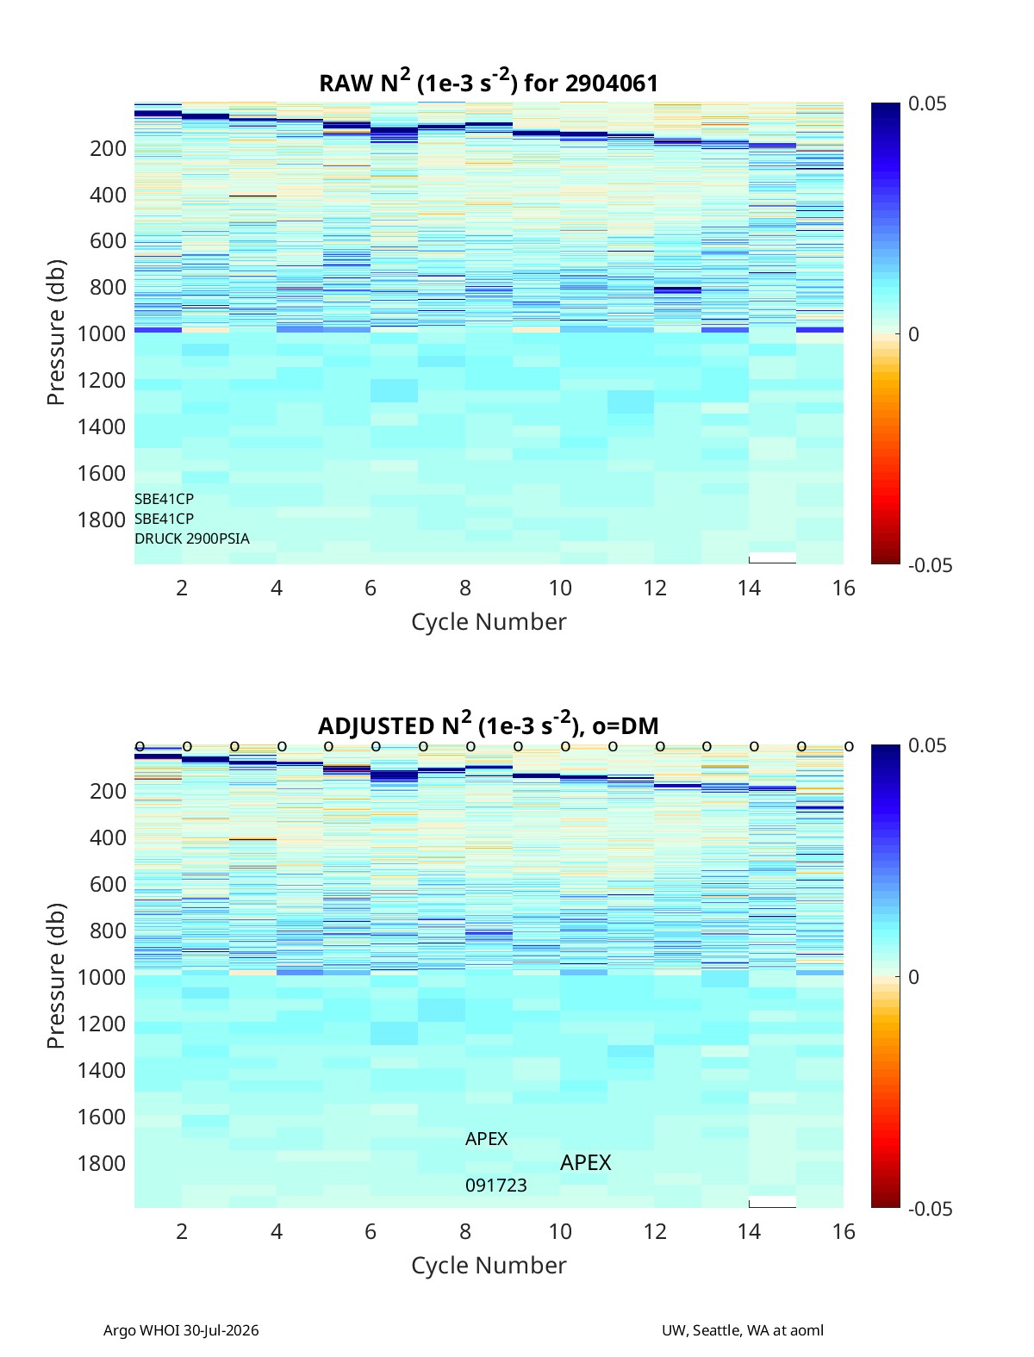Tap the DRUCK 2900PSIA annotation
coord(192,538)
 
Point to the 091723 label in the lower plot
coord(495,1186)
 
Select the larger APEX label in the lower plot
coord(585,1163)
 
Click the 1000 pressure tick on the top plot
coord(102,333)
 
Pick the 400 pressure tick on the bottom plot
coord(109,837)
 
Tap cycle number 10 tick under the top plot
coord(560,588)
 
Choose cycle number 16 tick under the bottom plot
coord(844,1231)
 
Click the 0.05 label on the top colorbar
coord(927,103)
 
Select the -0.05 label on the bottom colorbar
coord(930,1209)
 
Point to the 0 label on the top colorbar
coord(913,334)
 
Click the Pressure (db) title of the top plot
coord(56,333)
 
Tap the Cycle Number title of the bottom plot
coord(489,1266)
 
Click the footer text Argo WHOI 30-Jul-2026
coord(181,1330)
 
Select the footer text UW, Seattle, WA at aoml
coord(742,1330)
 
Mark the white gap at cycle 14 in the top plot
coord(773,557)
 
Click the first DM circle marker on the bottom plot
coord(140,746)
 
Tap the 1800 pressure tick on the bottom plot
coord(102,1163)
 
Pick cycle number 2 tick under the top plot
coord(182,588)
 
